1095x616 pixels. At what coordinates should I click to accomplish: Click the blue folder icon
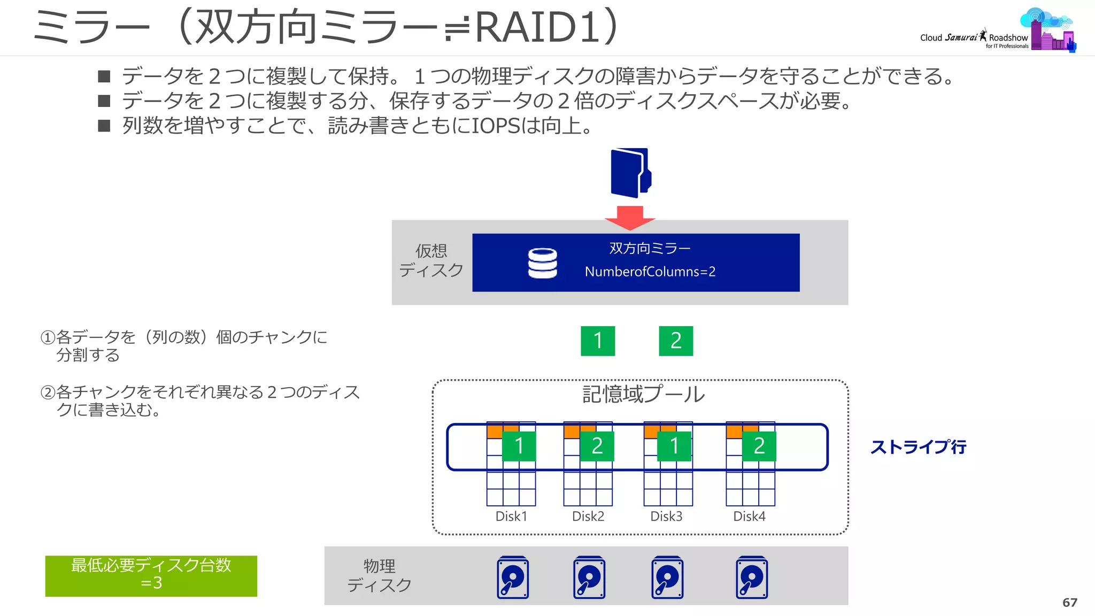coord(630,173)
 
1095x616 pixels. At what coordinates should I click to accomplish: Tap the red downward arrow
coord(630,217)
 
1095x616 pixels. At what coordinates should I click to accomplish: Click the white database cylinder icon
coord(542,263)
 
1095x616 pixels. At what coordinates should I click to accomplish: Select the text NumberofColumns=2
coord(650,272)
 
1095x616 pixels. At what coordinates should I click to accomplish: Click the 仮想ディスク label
coord(431,260)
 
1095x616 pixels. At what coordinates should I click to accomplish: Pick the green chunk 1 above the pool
coord(598,341)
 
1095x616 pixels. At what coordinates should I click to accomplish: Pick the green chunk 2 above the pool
coord(676,341)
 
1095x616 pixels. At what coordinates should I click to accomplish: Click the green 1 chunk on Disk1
coord(519,446)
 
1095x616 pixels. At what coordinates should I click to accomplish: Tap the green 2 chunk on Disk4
coord(759,446)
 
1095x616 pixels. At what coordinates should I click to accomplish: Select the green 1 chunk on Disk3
coord(674,446)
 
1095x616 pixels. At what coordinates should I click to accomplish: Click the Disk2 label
coord(588,517)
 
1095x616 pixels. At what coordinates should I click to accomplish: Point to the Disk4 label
coord(749,517)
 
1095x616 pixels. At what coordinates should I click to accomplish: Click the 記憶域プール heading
coord(643,395)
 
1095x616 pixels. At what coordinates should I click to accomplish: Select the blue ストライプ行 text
coord(918,447)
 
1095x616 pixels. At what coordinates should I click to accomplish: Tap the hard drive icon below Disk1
coord(513,577)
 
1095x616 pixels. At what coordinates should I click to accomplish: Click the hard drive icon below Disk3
coord(667,577)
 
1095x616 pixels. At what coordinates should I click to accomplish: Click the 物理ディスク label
coord(379,576)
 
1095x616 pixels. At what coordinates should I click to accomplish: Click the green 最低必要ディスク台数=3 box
coord(151,576)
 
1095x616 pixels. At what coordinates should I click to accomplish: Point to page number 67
coord(1069,603)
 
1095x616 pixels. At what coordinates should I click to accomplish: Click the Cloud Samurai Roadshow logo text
coord(974,38)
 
